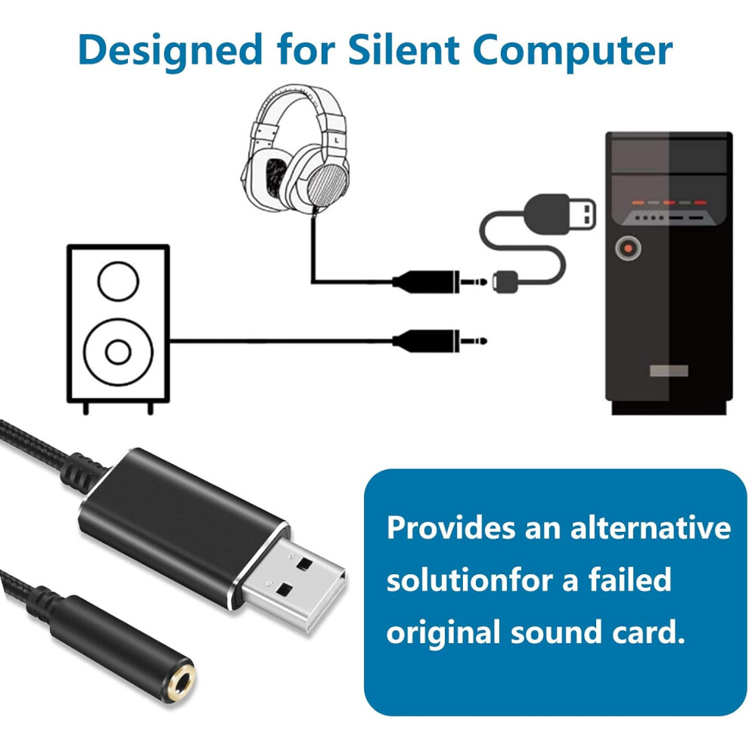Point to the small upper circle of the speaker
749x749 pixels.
click(x=118, y=281)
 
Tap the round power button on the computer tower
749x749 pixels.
click(x=626, y=247)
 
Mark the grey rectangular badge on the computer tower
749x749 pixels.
click(x=667, y=371)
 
